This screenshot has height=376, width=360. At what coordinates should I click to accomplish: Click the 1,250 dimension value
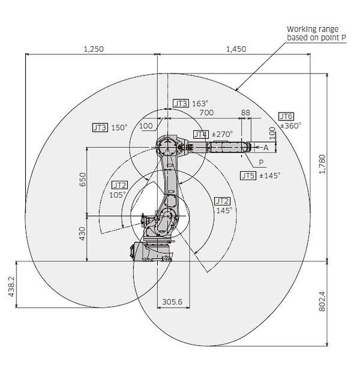pyautogui.click(x=94, y=49)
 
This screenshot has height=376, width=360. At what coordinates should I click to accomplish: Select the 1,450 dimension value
pyautogui.click(x=236, y=49)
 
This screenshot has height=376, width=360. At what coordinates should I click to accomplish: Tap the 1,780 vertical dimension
pyautogui.click(x=323, y=164)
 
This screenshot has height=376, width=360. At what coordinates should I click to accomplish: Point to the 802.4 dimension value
pyautogui.click(x=323, y=301)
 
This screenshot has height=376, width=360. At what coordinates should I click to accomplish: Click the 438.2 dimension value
pyautogui.click(x=11, y=287)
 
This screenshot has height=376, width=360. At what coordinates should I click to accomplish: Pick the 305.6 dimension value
pyautogui.click(x=172, y=301)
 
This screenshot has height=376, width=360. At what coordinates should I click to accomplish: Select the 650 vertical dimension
pyautogui.click(x=82, y=180)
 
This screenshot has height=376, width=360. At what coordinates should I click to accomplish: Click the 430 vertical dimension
pyautogui.click(x=82, y=234)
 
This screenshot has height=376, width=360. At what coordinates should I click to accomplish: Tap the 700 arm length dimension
pyautogui.click(x=206, y=113)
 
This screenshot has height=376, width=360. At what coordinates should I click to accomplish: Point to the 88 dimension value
pyautogui.click(x=246, y=113)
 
